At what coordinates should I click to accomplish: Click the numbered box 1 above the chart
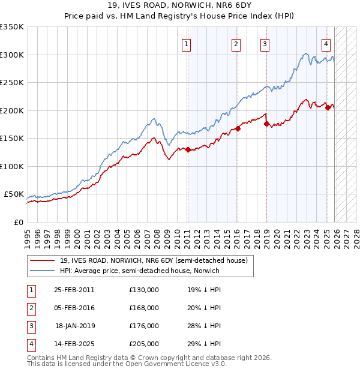click(187, 44)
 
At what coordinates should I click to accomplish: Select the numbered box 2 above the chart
click(236, 44)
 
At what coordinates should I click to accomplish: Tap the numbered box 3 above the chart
click(265, 44)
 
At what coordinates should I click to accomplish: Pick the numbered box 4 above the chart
click(326, 44)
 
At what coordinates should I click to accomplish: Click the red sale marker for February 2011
click(188, 150)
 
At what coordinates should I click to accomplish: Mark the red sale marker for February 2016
click(238, 128)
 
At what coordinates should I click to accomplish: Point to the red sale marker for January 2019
click(266, 124)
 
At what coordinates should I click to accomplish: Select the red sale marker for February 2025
click(328, 107)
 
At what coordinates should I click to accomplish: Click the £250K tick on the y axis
click(12, 83)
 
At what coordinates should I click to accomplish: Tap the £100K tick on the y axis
click(12, 167)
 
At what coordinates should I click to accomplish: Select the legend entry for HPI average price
click(139, 271)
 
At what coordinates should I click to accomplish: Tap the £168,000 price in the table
click(144, 308)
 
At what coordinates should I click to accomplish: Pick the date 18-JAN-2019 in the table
click(74, 326)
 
